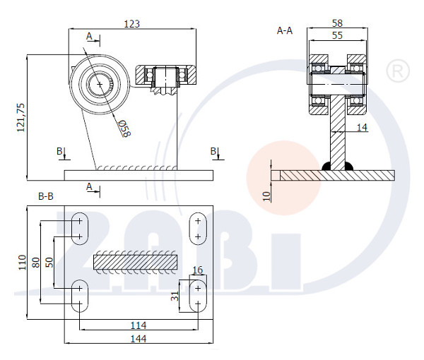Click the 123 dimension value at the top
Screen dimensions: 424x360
coord(131,24)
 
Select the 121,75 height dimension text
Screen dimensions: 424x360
coord(20,117)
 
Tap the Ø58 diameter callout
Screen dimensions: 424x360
coord(124,128)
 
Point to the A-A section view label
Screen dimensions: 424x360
coord(285,30)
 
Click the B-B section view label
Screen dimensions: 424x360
coord(46,196)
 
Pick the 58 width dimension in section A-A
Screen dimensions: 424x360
coord(337,23)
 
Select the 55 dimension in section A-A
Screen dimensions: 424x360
coord(337,35)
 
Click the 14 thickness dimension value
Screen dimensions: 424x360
coord(362,128)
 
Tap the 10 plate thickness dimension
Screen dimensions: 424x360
coord(266,196)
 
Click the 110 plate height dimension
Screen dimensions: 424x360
coord(22,263)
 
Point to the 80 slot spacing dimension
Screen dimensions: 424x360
coord(36,263)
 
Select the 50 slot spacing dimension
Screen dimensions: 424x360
coord(49,263)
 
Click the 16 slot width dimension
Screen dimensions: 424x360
coord(198,270)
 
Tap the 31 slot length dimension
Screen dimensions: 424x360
coord(175,296)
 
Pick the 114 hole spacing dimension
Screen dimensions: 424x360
coord(139,325)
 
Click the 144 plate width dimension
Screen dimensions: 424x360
coord(139,339)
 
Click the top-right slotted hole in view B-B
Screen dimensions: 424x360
coord(198,229)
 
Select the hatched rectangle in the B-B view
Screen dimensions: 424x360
coord(136,262)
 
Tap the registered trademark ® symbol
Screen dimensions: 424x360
coord(398,71)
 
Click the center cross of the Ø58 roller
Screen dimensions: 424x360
coord(100,85)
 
